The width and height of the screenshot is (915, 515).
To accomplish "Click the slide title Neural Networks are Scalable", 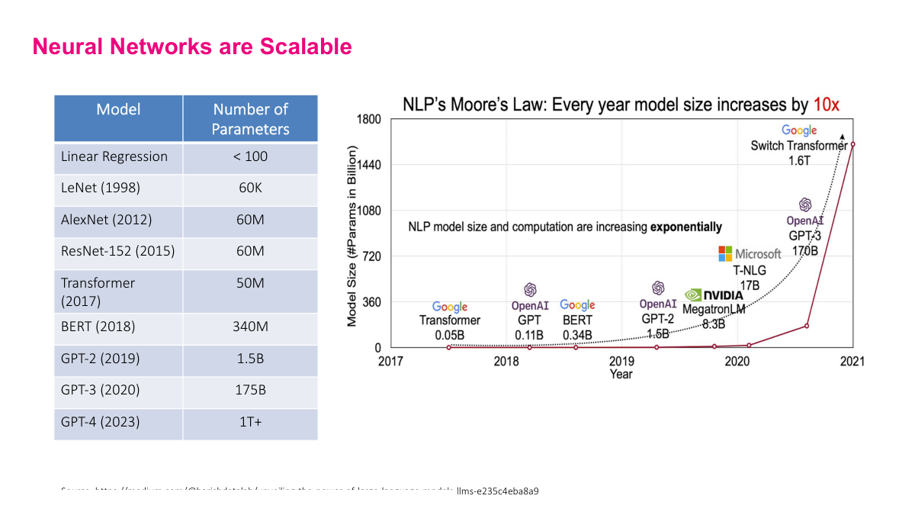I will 192,47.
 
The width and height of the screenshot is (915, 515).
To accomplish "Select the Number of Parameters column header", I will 250,119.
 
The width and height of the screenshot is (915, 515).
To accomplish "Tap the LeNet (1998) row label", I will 101,188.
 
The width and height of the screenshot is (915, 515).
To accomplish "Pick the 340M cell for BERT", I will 250,327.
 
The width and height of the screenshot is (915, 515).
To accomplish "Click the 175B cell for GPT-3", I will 250,390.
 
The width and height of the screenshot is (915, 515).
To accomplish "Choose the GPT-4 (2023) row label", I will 101,422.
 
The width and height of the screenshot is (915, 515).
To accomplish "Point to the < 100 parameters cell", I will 250,156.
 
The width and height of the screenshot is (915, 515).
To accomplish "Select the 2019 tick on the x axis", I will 622,362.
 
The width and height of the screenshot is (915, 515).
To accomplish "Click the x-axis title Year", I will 621,375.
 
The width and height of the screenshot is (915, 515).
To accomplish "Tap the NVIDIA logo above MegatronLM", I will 714,295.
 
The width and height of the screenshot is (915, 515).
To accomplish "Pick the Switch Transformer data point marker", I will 852,143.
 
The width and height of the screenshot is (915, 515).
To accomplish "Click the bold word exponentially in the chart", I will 685,227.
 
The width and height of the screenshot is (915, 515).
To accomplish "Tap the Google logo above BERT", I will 577,306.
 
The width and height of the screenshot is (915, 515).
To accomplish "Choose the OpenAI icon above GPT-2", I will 658,288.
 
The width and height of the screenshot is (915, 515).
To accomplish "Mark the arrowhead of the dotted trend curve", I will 842,136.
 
